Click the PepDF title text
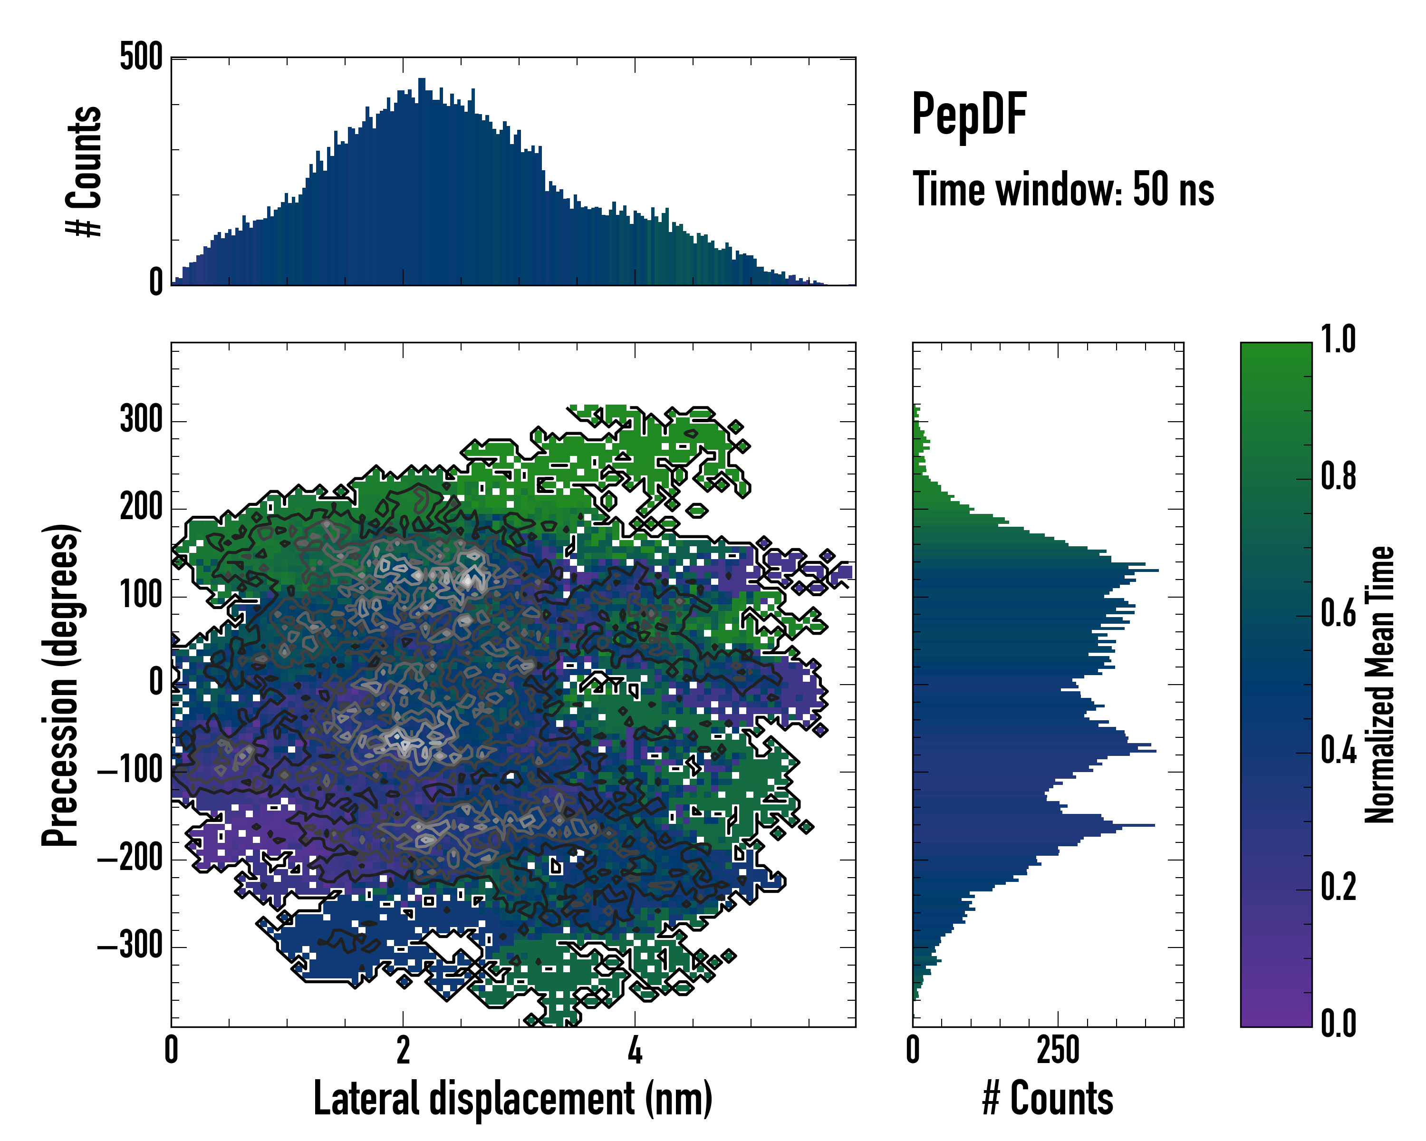pos(968,115)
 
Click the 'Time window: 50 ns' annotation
pos(1063,190)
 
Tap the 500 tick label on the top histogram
pos(141,58)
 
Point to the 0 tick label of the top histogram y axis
pos(156,283)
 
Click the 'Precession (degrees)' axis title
pos(61,685)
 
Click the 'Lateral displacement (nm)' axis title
pos(512,1099)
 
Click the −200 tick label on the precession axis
pos(130,859)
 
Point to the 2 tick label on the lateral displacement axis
pos(403,1050)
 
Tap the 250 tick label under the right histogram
pos(1058,1050)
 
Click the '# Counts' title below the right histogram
pos(1048,1099)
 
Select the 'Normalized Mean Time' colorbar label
pos(1380,685)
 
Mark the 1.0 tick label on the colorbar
pos(1338,340)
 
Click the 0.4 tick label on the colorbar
pos(1338,752)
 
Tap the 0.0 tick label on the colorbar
pos(1338,1025)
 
